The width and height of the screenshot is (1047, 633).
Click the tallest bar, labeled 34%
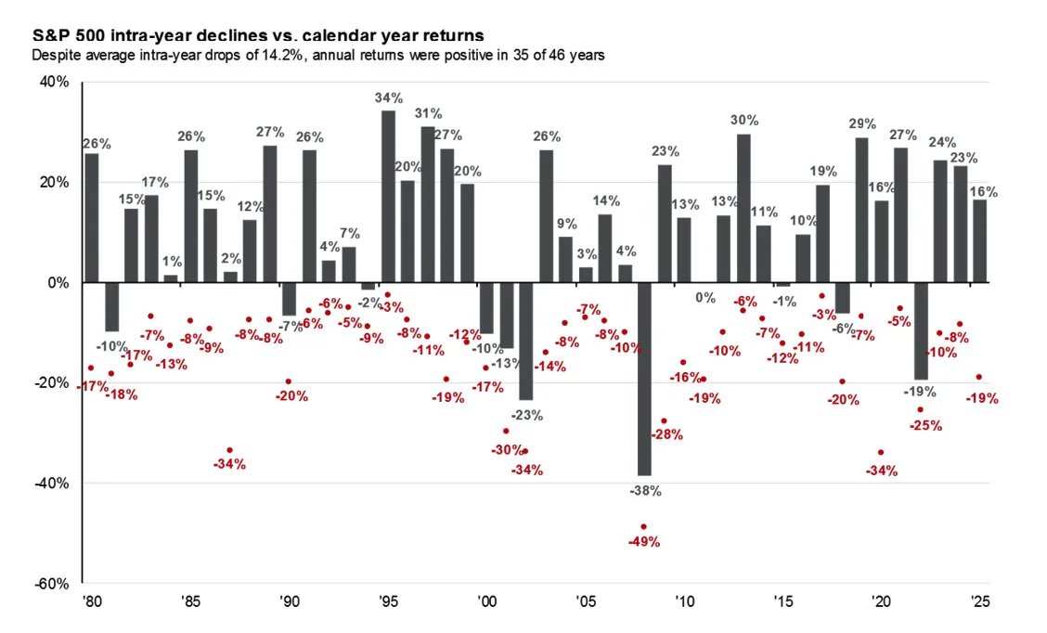click(x=388, y=196)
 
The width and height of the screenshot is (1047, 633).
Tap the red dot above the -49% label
click(x=644, y=526)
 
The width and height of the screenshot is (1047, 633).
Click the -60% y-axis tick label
click(x=54, y=584)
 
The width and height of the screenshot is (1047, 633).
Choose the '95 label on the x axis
click(x=389, y=601)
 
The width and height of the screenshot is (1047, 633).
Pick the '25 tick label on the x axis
click(x=980, y=601)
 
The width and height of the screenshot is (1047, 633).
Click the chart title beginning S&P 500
click(x=257, y=35)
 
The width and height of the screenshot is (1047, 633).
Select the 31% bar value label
click(x=428, y=113)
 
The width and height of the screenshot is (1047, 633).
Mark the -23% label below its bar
click(x=526, y=415)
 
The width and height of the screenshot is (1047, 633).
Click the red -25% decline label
click(x=925, y=425)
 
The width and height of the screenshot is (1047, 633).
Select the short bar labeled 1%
click(x=171, y=278)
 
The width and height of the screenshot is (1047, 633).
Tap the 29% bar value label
click(x=862, y=123)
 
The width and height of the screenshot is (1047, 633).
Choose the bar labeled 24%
click(x=940, y=221)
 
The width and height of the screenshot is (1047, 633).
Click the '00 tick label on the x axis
click(x=487, y=601)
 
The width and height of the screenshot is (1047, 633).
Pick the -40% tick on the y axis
click(x=54, y=484)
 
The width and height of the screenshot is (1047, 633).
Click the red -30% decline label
click(x=508, y=449)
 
